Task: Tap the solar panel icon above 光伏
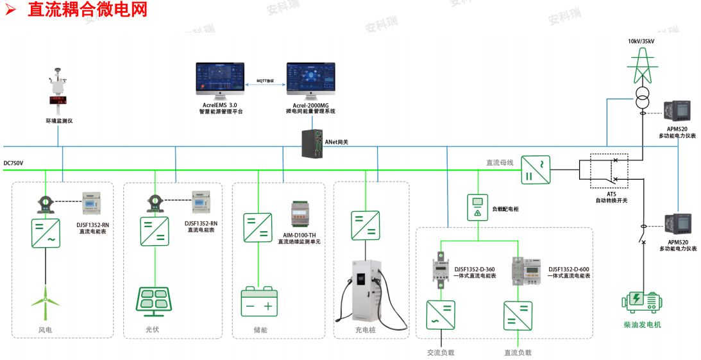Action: pyautogui.click(x=155, y=301)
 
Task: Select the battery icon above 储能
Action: pyautogui.click(x=259, y=302)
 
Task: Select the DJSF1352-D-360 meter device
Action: pyautogui.click(x=441, y=269)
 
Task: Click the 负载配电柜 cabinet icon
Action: pyautogui.click(x=477, y=207)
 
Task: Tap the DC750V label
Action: pyautogui.click(x=13, y=163)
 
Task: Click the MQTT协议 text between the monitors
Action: pyautogui.click(x=266, y=80)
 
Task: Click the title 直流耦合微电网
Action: pyautogui.click(x=87, y=10)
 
